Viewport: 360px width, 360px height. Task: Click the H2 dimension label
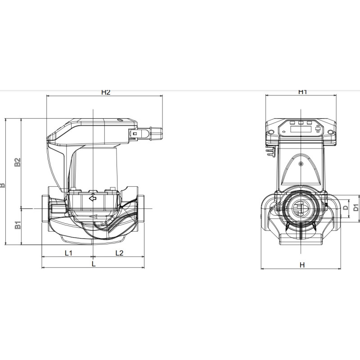106,92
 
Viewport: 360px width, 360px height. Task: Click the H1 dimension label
302,92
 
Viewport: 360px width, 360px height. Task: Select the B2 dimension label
18,162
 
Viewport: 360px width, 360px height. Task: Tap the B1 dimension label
18,225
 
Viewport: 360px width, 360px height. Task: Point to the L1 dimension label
68,253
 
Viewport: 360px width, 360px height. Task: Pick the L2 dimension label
119,253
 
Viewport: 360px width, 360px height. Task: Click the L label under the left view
94,264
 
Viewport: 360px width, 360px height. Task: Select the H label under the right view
302,265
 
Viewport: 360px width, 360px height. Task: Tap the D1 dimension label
356,207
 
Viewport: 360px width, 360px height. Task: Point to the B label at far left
2,185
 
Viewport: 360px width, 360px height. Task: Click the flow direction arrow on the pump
93,198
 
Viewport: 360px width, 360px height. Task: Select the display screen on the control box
301,129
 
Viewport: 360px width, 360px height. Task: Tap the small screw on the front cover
301,164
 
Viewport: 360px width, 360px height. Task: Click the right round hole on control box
330,132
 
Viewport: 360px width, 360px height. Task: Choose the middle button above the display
301,122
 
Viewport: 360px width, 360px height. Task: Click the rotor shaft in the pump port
301,208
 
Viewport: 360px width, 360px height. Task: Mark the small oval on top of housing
119,120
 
